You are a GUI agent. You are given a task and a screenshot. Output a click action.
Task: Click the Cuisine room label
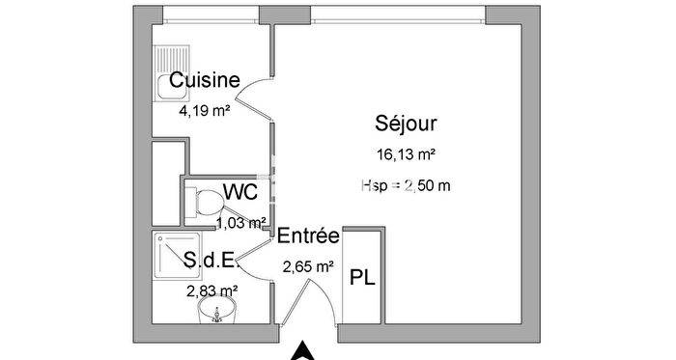tap(205, 81)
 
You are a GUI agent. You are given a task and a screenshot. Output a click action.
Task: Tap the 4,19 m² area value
tap(204, 111)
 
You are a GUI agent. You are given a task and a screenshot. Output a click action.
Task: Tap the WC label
tap(239, 192)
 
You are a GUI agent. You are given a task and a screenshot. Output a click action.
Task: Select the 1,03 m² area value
tap(240, 223)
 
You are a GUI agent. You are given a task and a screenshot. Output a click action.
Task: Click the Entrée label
tap(308, 235)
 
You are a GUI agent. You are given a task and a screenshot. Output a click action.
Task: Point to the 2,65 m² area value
tap(308, 266)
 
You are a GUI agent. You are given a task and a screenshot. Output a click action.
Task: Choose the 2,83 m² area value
tap(211, 289)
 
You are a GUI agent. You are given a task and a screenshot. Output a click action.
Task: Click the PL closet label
tap(363, 279)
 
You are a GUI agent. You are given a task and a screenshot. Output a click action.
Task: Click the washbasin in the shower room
tap(218, 312)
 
